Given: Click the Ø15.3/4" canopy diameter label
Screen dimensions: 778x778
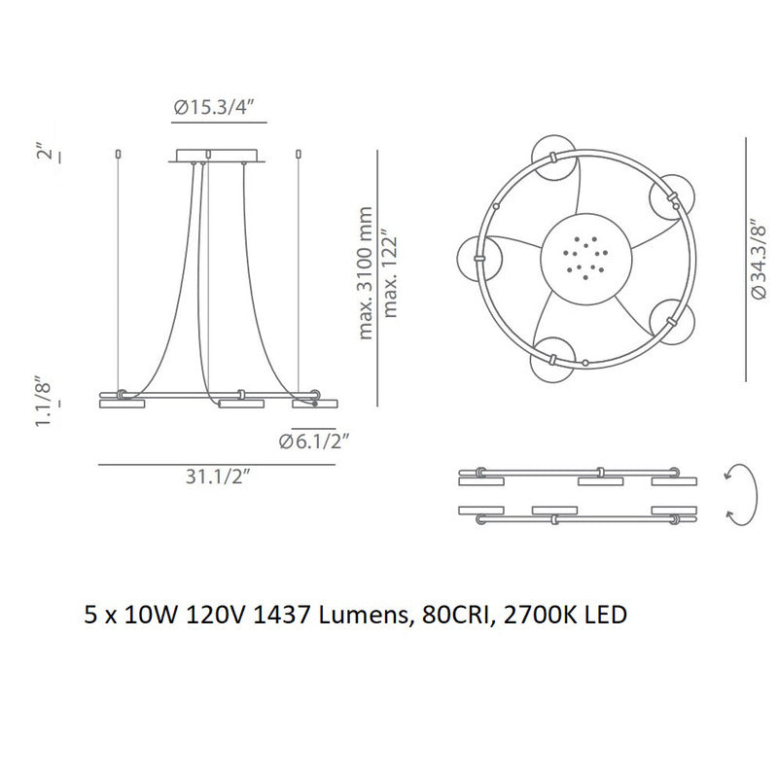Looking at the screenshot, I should coord(219,109).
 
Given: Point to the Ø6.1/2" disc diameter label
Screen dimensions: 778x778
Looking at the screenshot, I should coord(313,442).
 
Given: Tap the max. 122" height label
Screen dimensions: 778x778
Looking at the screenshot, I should coord(390,274).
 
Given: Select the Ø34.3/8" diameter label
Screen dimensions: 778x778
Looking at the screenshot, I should coord(761,259).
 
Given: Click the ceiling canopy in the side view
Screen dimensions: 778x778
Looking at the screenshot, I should coord(219,157).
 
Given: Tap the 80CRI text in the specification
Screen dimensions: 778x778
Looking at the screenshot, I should coord(457,615).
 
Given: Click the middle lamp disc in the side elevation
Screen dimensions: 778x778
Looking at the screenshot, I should coord(241,403).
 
